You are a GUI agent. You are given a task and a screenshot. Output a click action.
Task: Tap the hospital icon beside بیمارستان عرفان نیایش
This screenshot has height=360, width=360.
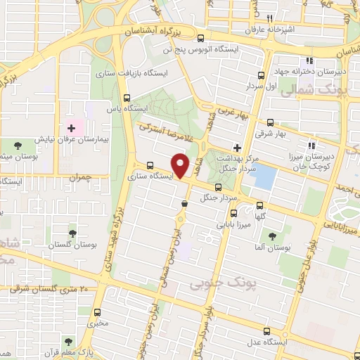click(71, 129)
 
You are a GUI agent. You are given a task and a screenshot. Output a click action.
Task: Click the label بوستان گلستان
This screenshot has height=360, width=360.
click(70, 244)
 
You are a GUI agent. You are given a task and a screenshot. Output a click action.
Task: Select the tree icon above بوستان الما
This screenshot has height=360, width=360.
click(272, 236)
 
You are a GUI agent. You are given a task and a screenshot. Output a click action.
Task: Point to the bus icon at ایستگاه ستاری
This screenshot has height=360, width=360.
click(150, 166)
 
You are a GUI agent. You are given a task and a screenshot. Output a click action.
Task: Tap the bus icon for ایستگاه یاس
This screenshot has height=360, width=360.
click(127, 98)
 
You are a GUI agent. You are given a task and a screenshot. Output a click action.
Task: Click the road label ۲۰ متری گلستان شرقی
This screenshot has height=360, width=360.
click(49, 288)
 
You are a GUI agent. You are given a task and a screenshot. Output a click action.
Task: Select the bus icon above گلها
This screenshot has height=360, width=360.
click(260, 205)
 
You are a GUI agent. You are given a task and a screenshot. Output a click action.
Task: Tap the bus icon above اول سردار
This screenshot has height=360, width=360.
click(261, 75)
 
